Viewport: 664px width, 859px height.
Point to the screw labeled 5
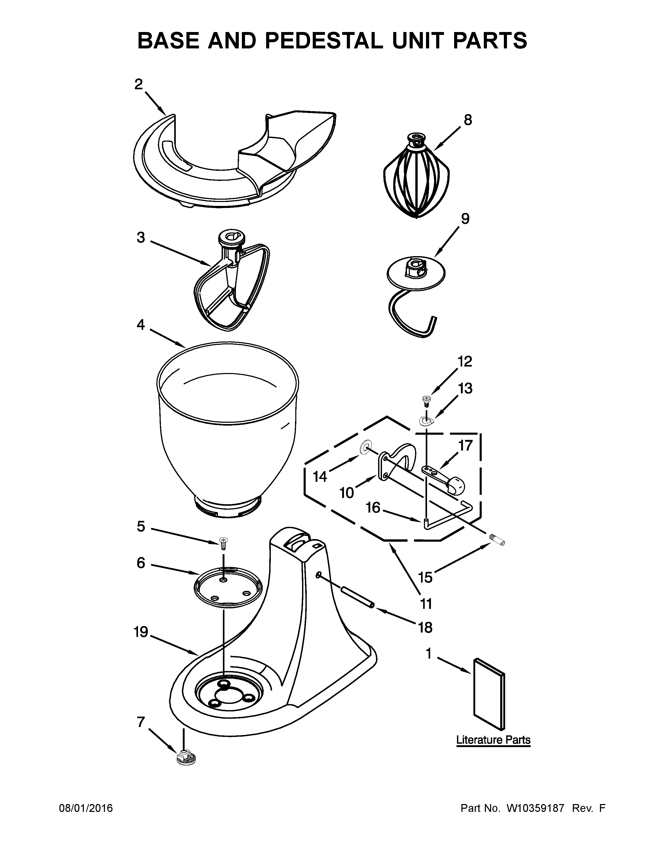coord(223,544)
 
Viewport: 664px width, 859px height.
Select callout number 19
coord(141,632)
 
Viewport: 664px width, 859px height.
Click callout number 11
coord(426,603)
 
